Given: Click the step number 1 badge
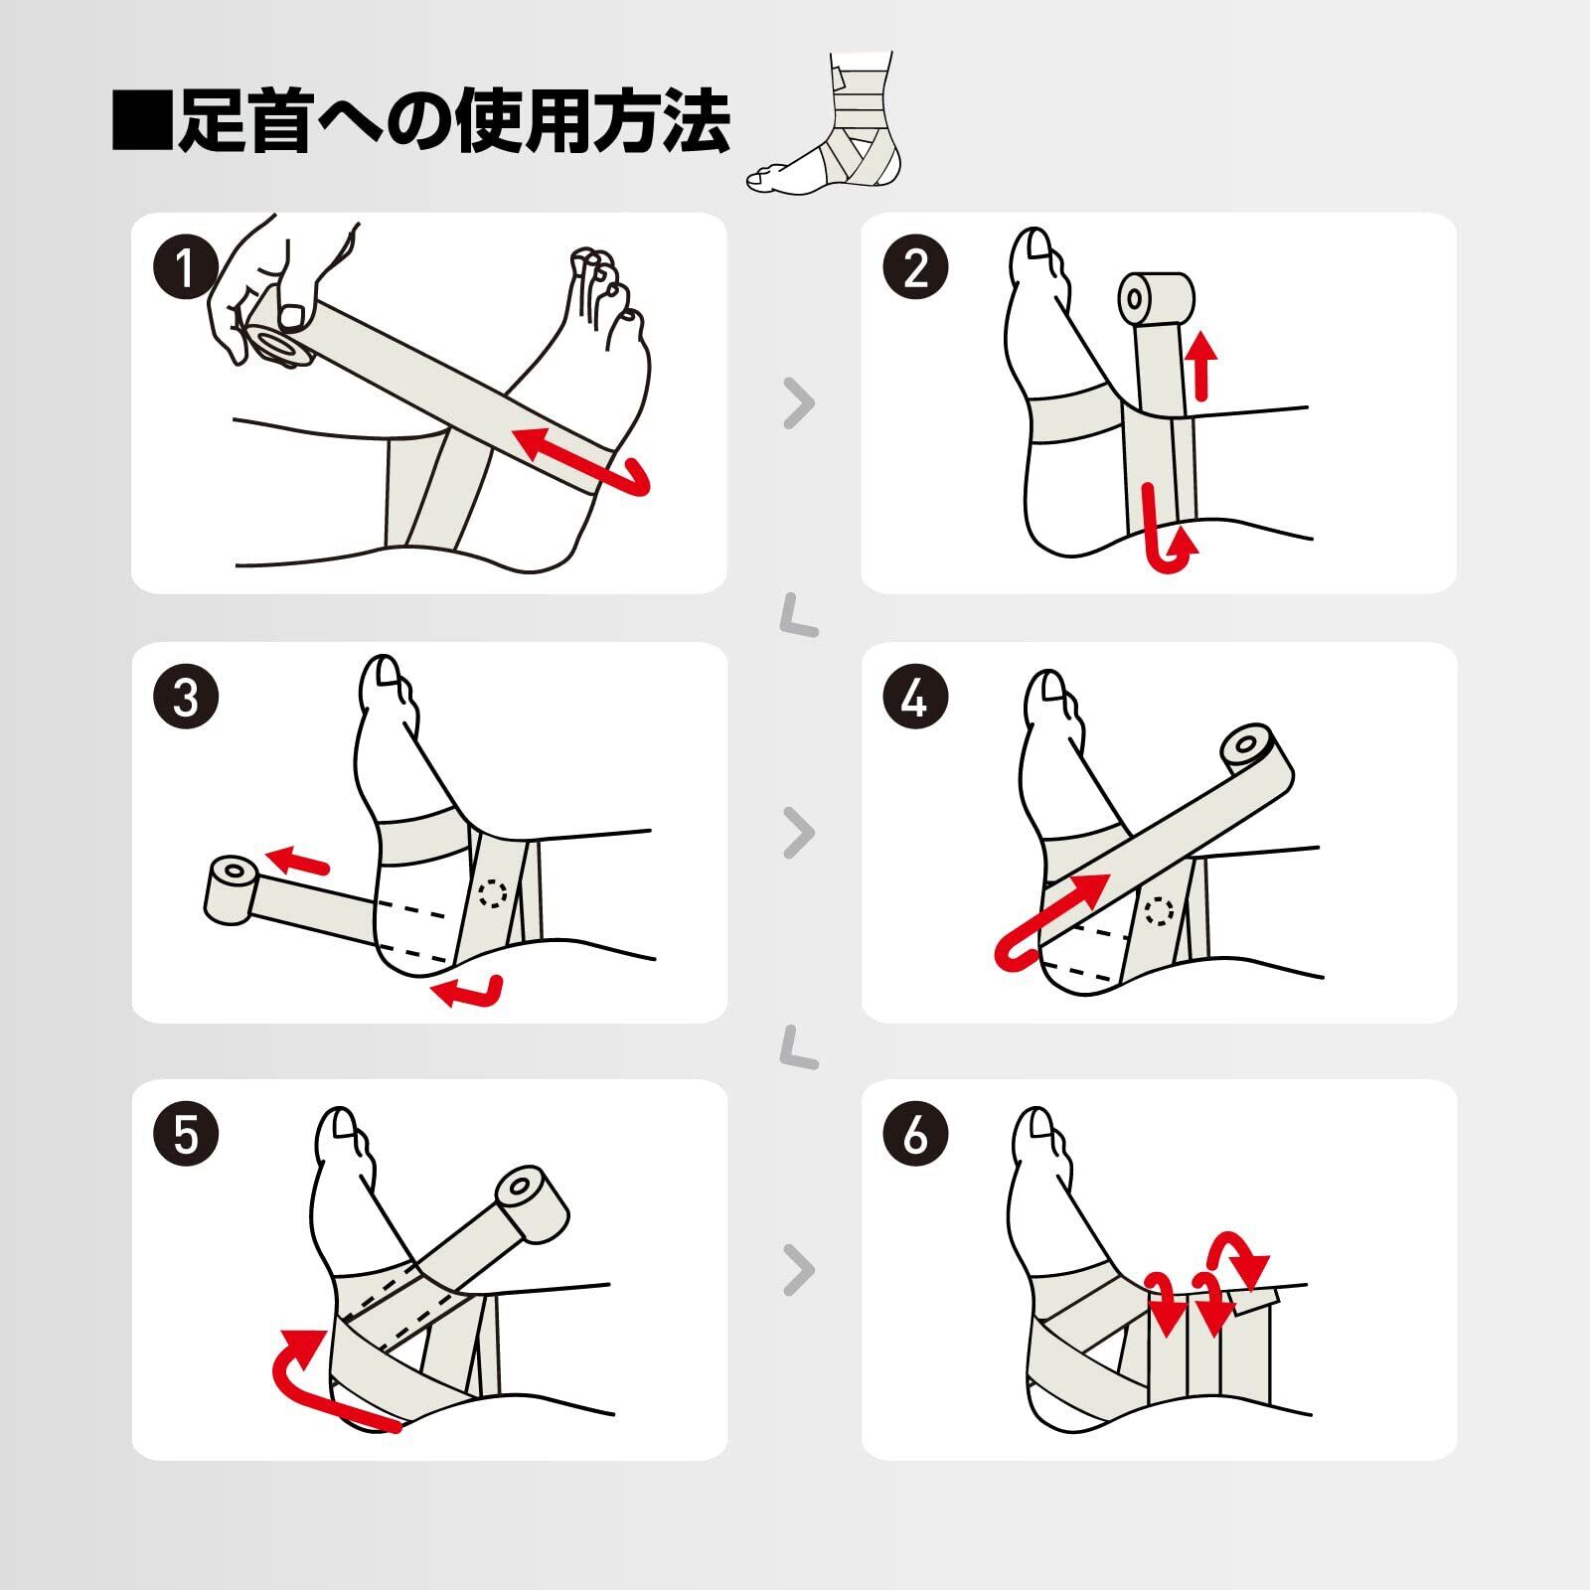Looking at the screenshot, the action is (186, 268).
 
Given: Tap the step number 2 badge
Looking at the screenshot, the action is (915, 268).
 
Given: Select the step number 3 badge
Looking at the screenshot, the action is (186, 698).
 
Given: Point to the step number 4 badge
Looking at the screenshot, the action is (915, 698).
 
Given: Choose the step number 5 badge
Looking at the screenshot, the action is (186, 1134).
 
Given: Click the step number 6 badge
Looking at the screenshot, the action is (915, 1134).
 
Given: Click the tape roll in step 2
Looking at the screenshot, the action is (1156, 298).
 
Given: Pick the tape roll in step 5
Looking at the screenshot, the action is (532, 1201).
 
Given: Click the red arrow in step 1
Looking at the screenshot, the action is (586, 465).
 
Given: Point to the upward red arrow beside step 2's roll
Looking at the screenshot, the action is (1202, 365).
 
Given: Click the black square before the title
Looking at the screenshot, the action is (142, 121).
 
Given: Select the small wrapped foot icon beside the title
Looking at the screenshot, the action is (825, 123).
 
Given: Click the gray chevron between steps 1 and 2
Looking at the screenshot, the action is (799, 402).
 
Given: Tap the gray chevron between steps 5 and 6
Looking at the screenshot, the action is (799, 1269).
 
